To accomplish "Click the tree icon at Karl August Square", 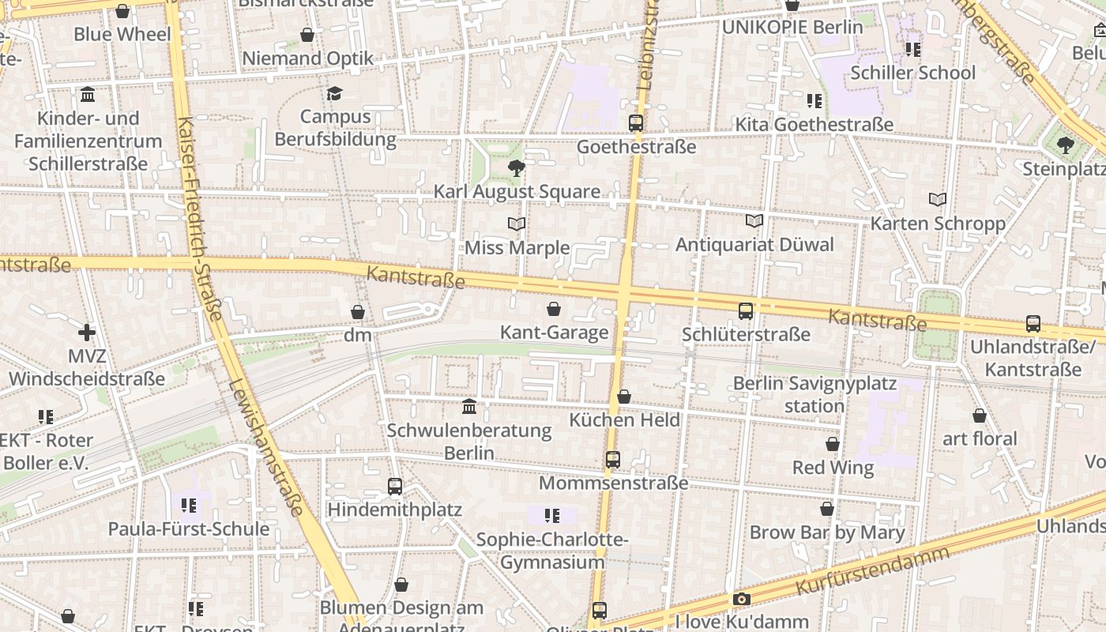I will (x=517, y=167).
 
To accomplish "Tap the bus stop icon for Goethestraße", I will (x=636, y=123).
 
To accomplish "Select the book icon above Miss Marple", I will (x=517, y=224).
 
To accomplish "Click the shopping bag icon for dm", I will (x=358, y=312).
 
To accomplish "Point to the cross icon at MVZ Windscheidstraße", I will (x=87, y=333).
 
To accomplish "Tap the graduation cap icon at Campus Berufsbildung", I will (x=335, y=93).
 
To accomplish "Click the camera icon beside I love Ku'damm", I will (x=741, y=599).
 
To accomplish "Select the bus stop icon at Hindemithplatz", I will (x=395, y=487).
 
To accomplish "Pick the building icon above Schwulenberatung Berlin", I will (x=469, y=407).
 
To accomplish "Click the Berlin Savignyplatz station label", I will (x=814, y=395).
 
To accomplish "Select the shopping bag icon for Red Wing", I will (x=833, y=445).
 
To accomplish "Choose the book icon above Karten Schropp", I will (x=938, y=199).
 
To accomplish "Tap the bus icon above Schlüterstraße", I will (x=746, y=311).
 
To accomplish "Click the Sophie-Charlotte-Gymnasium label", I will (x=552, y=551).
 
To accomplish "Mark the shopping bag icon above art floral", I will (x=980, y=416).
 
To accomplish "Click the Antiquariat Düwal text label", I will (x=754, y=245).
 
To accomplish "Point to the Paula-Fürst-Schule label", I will (x=189, y=529).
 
